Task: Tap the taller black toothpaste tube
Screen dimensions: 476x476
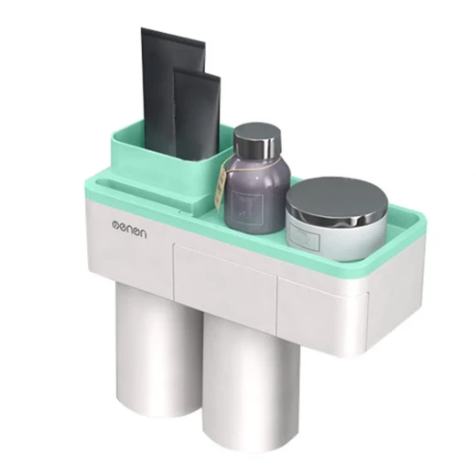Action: (x=165, y=92)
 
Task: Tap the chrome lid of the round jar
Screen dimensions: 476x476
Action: (x=337, y=200)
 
